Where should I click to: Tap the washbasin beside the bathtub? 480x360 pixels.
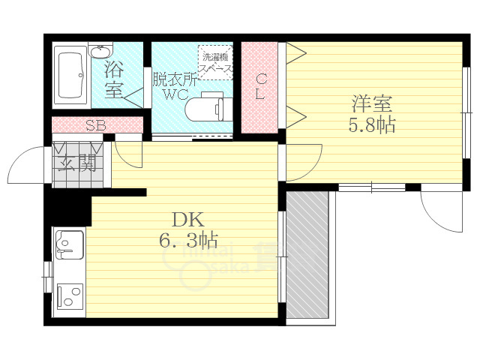point(100,52)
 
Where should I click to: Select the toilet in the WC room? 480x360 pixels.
point(206,107)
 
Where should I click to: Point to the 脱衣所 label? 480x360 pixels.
point(175,79)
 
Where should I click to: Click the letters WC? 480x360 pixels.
point(175,95)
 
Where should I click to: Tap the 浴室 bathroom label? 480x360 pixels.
point(113,81)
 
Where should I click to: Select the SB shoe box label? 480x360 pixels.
point(95,124)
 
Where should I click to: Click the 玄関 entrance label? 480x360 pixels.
point(78,163)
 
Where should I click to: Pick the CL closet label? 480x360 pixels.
point(259,85)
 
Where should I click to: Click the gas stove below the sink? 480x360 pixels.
point(68,295)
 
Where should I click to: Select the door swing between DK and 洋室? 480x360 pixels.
point(302,160)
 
